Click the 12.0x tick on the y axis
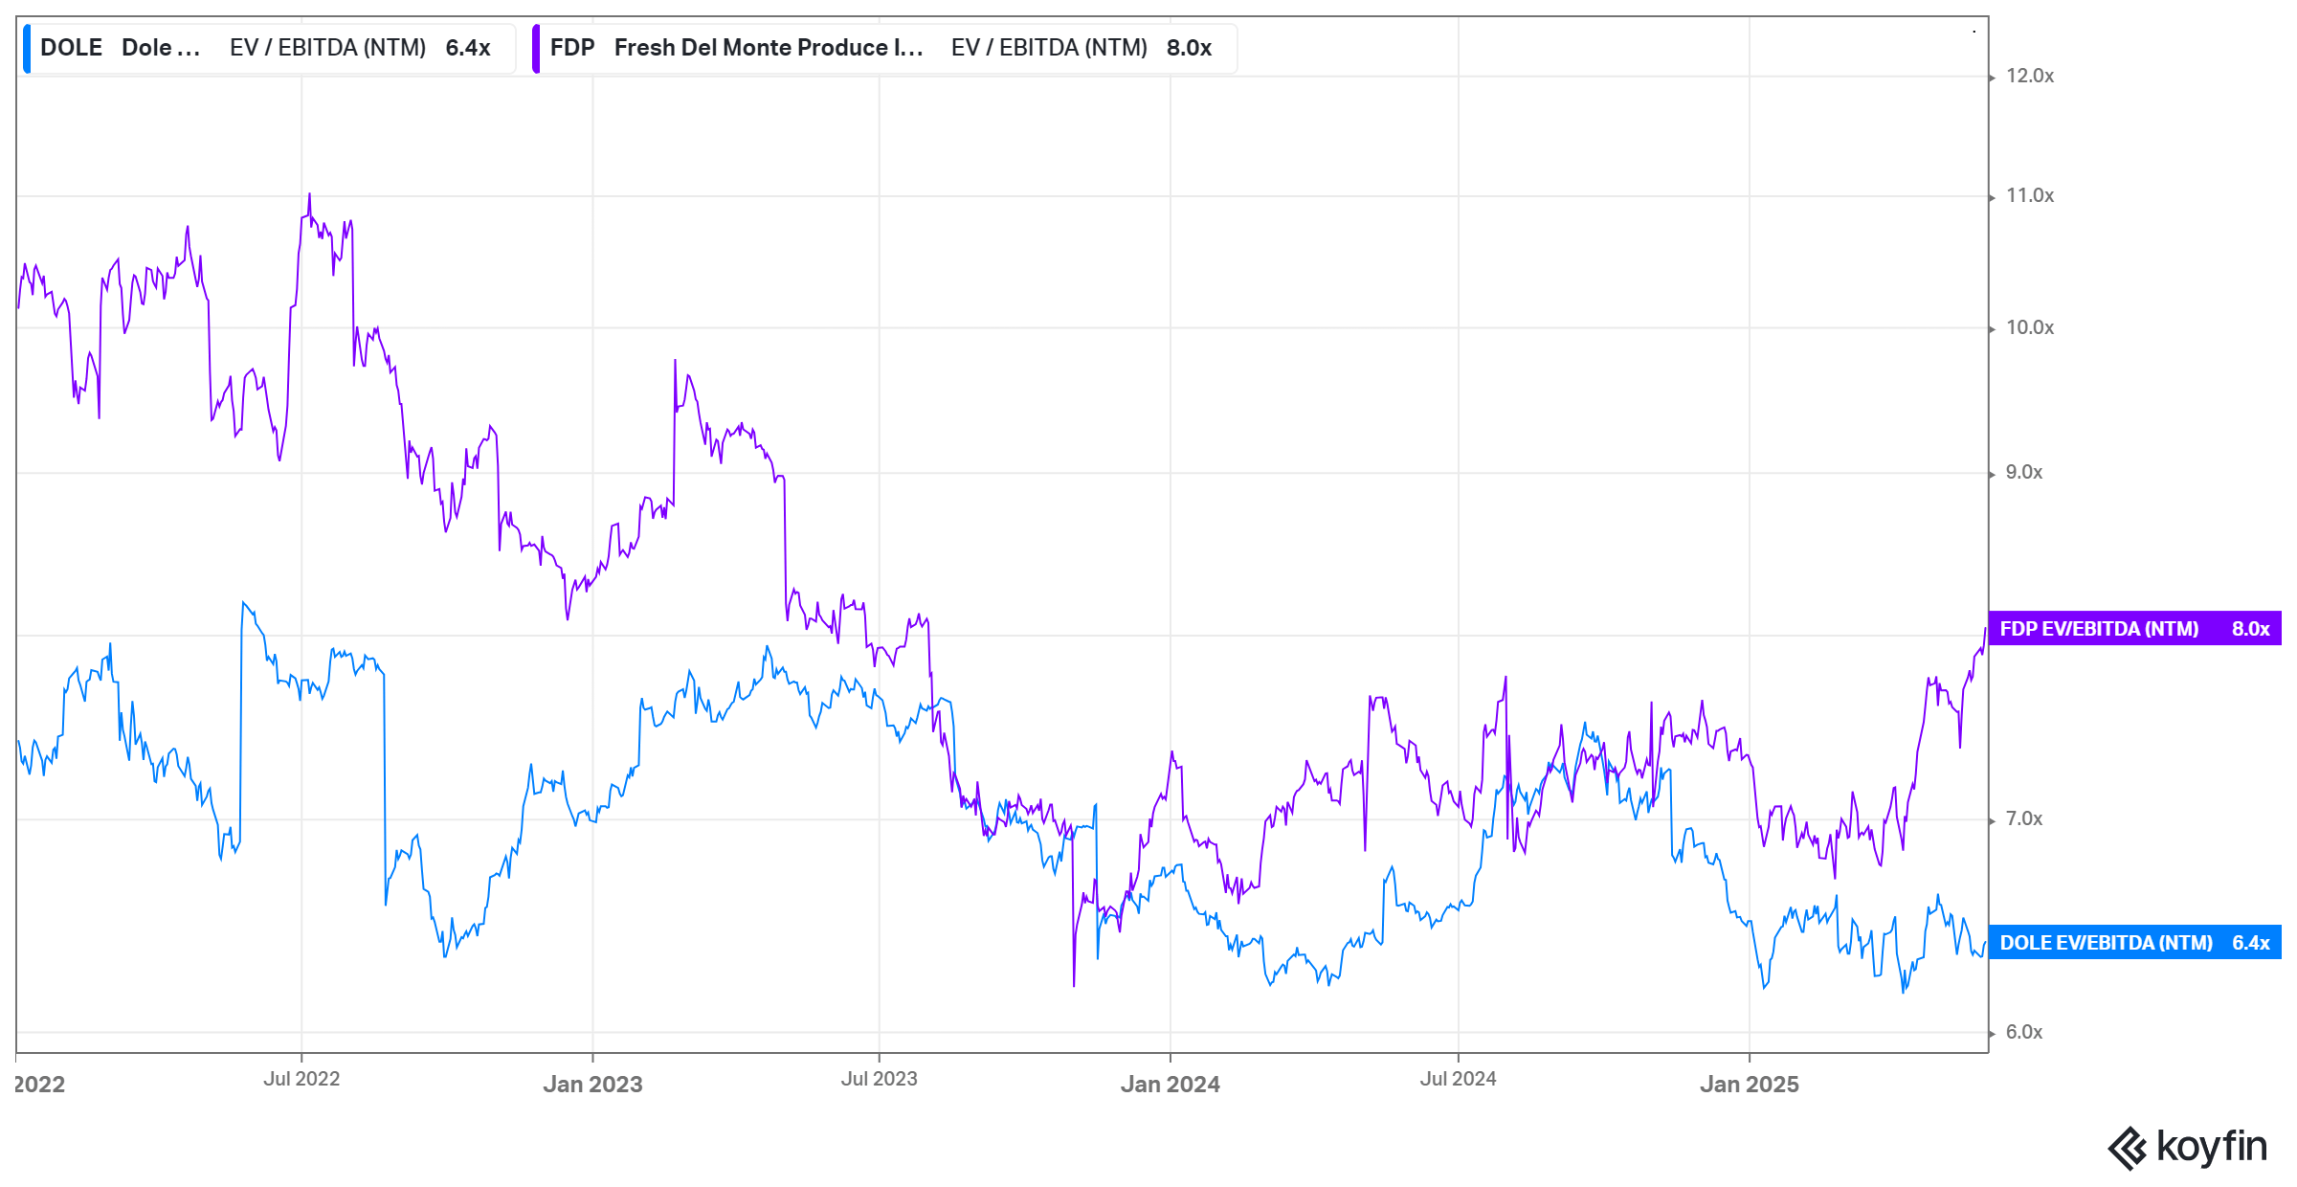coord(2029,76)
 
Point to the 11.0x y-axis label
coord(2029,195)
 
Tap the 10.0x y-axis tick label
coord(2029,327)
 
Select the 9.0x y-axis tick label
coord(2023,472)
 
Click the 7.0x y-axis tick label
coord(2023,818)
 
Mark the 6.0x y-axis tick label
coord(2023,1032)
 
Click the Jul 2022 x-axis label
coord(301,1079)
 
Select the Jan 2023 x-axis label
coord(592,1085)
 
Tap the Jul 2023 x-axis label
coord(879,1079)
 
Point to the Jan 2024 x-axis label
coord(1170,1085)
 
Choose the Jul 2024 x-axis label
coord(1458,1079)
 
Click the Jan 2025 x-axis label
coord(1749,1085)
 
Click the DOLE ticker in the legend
coord(71,48)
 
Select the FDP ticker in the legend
coord(572,48)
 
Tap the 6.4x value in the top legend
coord(468,48)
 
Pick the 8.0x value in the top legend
coord(1189,48)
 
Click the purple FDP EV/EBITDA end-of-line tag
coord(2134,629)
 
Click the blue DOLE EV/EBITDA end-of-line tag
coord(2134,943)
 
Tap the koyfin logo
coord(2188,1147)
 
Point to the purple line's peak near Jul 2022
coord(309,194)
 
